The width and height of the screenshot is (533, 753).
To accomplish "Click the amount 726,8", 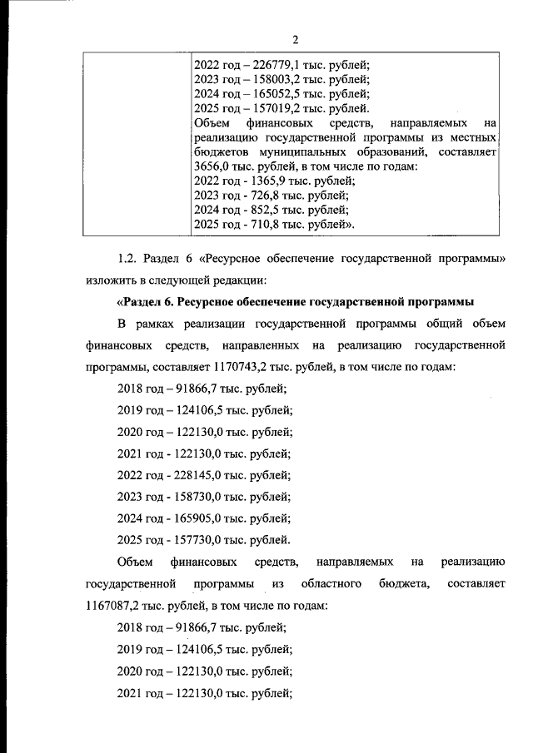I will click(x=265, y=196).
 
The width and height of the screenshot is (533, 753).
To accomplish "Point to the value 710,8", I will click(x=265, y=225).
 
